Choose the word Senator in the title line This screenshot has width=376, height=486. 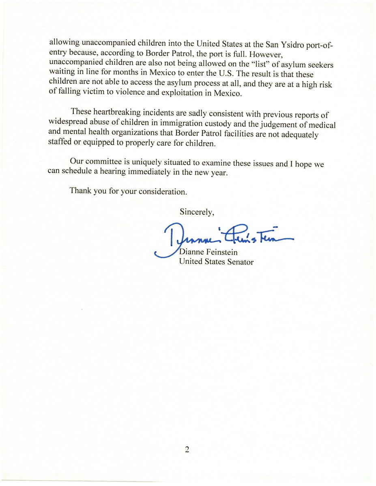240,262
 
